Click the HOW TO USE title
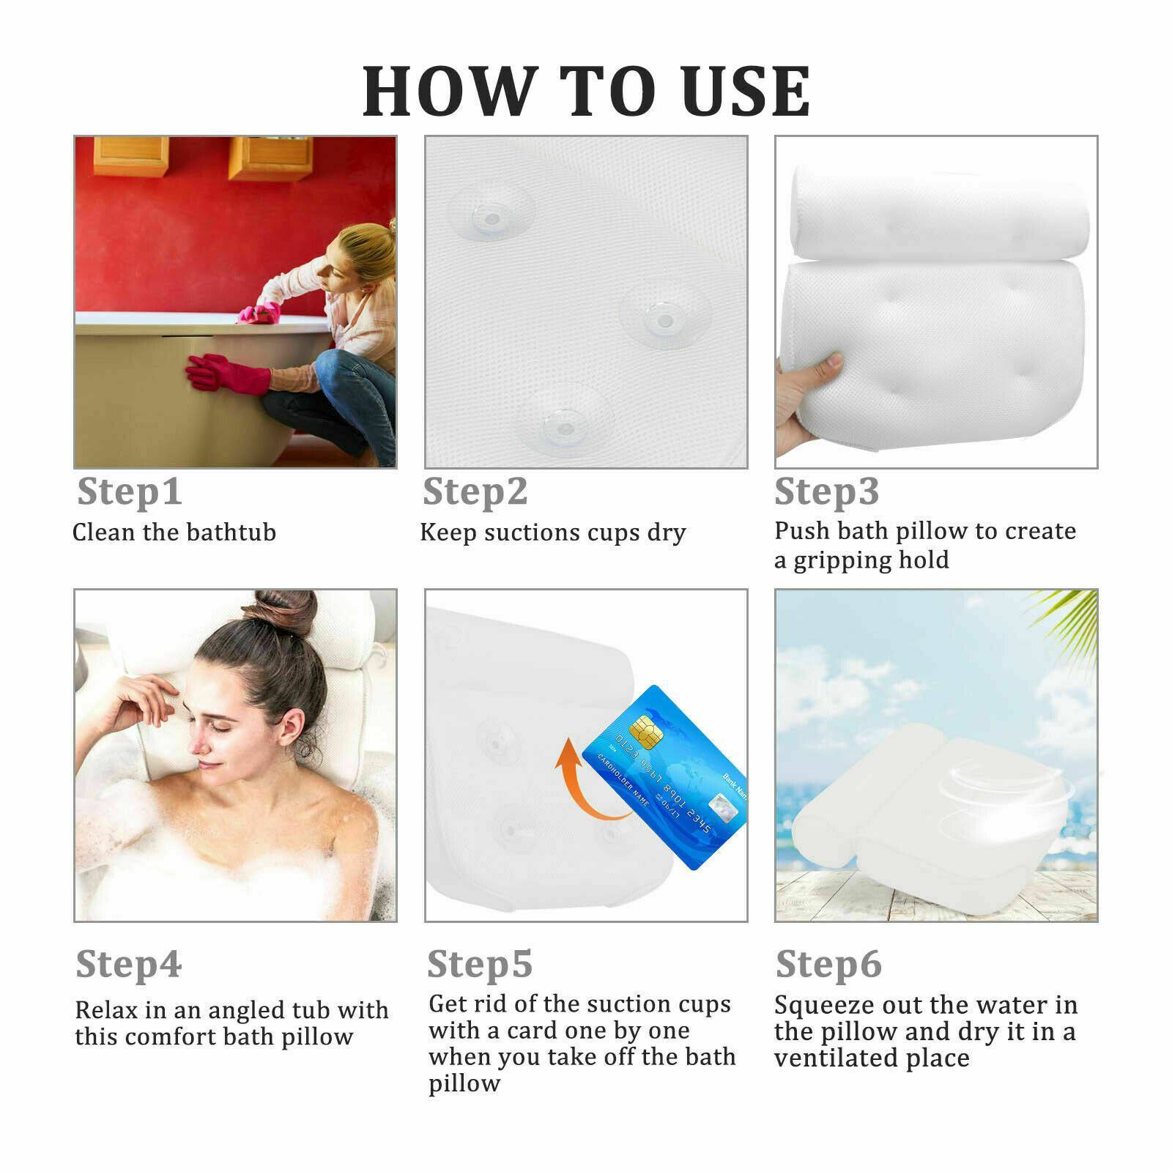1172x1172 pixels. pos(586,92)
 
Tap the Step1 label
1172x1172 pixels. pos(129,492)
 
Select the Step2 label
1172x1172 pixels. pos(475,492)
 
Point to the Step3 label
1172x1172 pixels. pos(826,492)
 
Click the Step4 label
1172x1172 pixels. pos(128,964)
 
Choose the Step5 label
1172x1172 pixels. pos(479,964)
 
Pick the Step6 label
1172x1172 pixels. pos(828,964)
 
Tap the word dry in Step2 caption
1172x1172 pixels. pos(666,533)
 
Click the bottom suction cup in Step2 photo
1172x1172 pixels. pos(560,422)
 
